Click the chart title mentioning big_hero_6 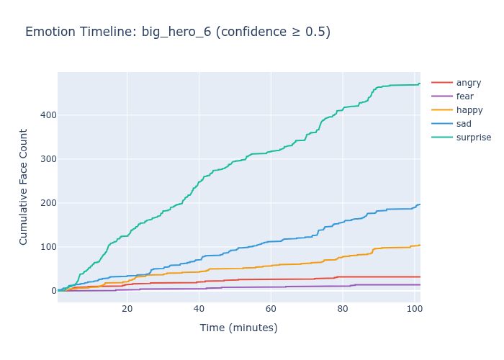click(x=178, y=32)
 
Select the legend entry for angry click(x=468, y=83)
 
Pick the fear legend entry click(x=465, y=96)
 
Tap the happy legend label click(x=469, y=110)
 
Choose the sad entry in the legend click(x=464, y=124)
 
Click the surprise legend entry click(x=474, y=138)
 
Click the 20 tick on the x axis click(x=127, y=310)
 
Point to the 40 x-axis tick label click(x=199, y=310)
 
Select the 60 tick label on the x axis click(x=271, y=310)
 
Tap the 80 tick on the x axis click(x=343, y=310)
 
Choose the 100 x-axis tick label click(x=413, y=310)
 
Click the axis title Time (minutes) click(x=238, y=328)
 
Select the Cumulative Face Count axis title click(x=24, y=186)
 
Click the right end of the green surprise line click(x=420, y=84)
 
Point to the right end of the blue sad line click(x=420, y=204)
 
